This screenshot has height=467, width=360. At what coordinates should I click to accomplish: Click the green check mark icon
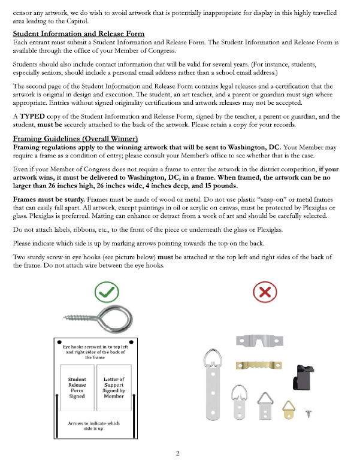(107, 293)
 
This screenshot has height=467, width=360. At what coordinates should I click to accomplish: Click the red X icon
(264, 293)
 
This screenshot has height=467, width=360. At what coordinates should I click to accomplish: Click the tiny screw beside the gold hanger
(308, 413)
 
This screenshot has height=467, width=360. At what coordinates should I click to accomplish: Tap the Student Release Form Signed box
(77, 387)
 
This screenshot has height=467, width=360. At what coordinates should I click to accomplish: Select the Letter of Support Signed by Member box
(114, 387)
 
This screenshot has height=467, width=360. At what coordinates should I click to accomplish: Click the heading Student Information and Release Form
(78, 33)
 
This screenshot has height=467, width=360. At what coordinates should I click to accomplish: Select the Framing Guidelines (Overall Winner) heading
(75, 138)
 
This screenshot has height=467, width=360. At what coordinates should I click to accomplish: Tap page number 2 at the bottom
(178, 453)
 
